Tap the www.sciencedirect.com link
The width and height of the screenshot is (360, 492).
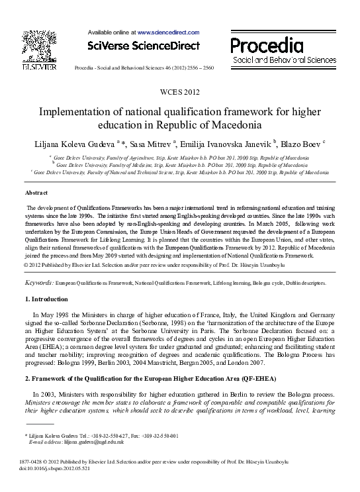coord(168,32)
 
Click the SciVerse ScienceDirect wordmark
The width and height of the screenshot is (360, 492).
coord(143,46)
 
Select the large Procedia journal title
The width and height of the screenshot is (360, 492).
coord(266,45)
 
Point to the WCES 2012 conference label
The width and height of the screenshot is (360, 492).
coord(179,91)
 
